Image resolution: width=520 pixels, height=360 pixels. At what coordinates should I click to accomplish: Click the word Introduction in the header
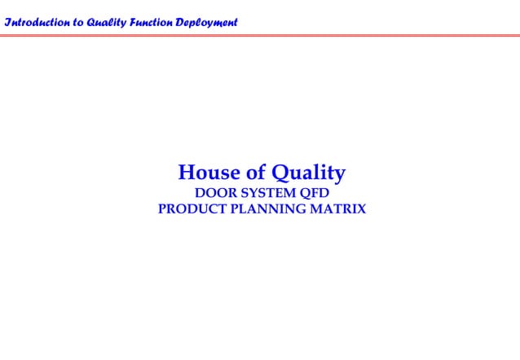pos(37,22)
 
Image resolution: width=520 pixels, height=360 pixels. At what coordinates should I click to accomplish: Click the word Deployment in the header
pos(206,22)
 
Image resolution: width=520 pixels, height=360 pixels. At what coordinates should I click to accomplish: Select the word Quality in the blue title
pos(309,173)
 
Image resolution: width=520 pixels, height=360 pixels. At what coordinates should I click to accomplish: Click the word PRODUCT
pos(192,209)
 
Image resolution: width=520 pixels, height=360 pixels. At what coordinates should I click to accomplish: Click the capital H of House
pos(187,173)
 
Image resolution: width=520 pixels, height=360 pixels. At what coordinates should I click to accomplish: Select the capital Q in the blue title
pos(281,173)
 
